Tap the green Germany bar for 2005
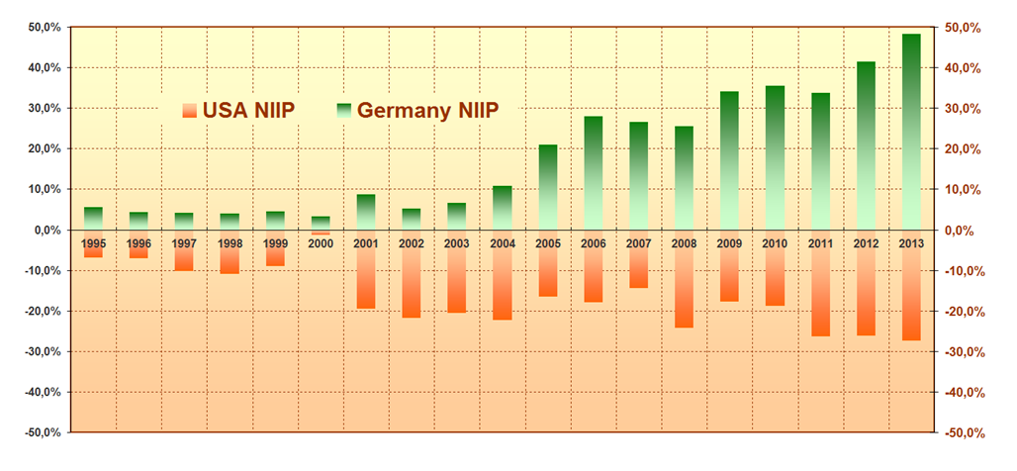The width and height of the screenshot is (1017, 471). tap(547, 187)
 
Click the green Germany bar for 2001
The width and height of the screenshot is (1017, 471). tap(366, 212)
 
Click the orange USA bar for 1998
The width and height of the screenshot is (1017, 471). tap(230, 260)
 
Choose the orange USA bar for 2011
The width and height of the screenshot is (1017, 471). tap(820, 292)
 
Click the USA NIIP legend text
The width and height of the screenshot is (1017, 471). tap(248, 110)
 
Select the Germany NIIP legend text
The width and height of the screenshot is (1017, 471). tap(427, 110)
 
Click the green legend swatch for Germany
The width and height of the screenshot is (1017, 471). tap(344, 110)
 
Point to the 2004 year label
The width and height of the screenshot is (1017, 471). tap(502, 242)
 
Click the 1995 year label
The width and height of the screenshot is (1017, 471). tap(94, 242)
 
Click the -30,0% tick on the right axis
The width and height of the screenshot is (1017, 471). tap(966, 351)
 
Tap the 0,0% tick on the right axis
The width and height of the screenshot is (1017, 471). tap(964, 230)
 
